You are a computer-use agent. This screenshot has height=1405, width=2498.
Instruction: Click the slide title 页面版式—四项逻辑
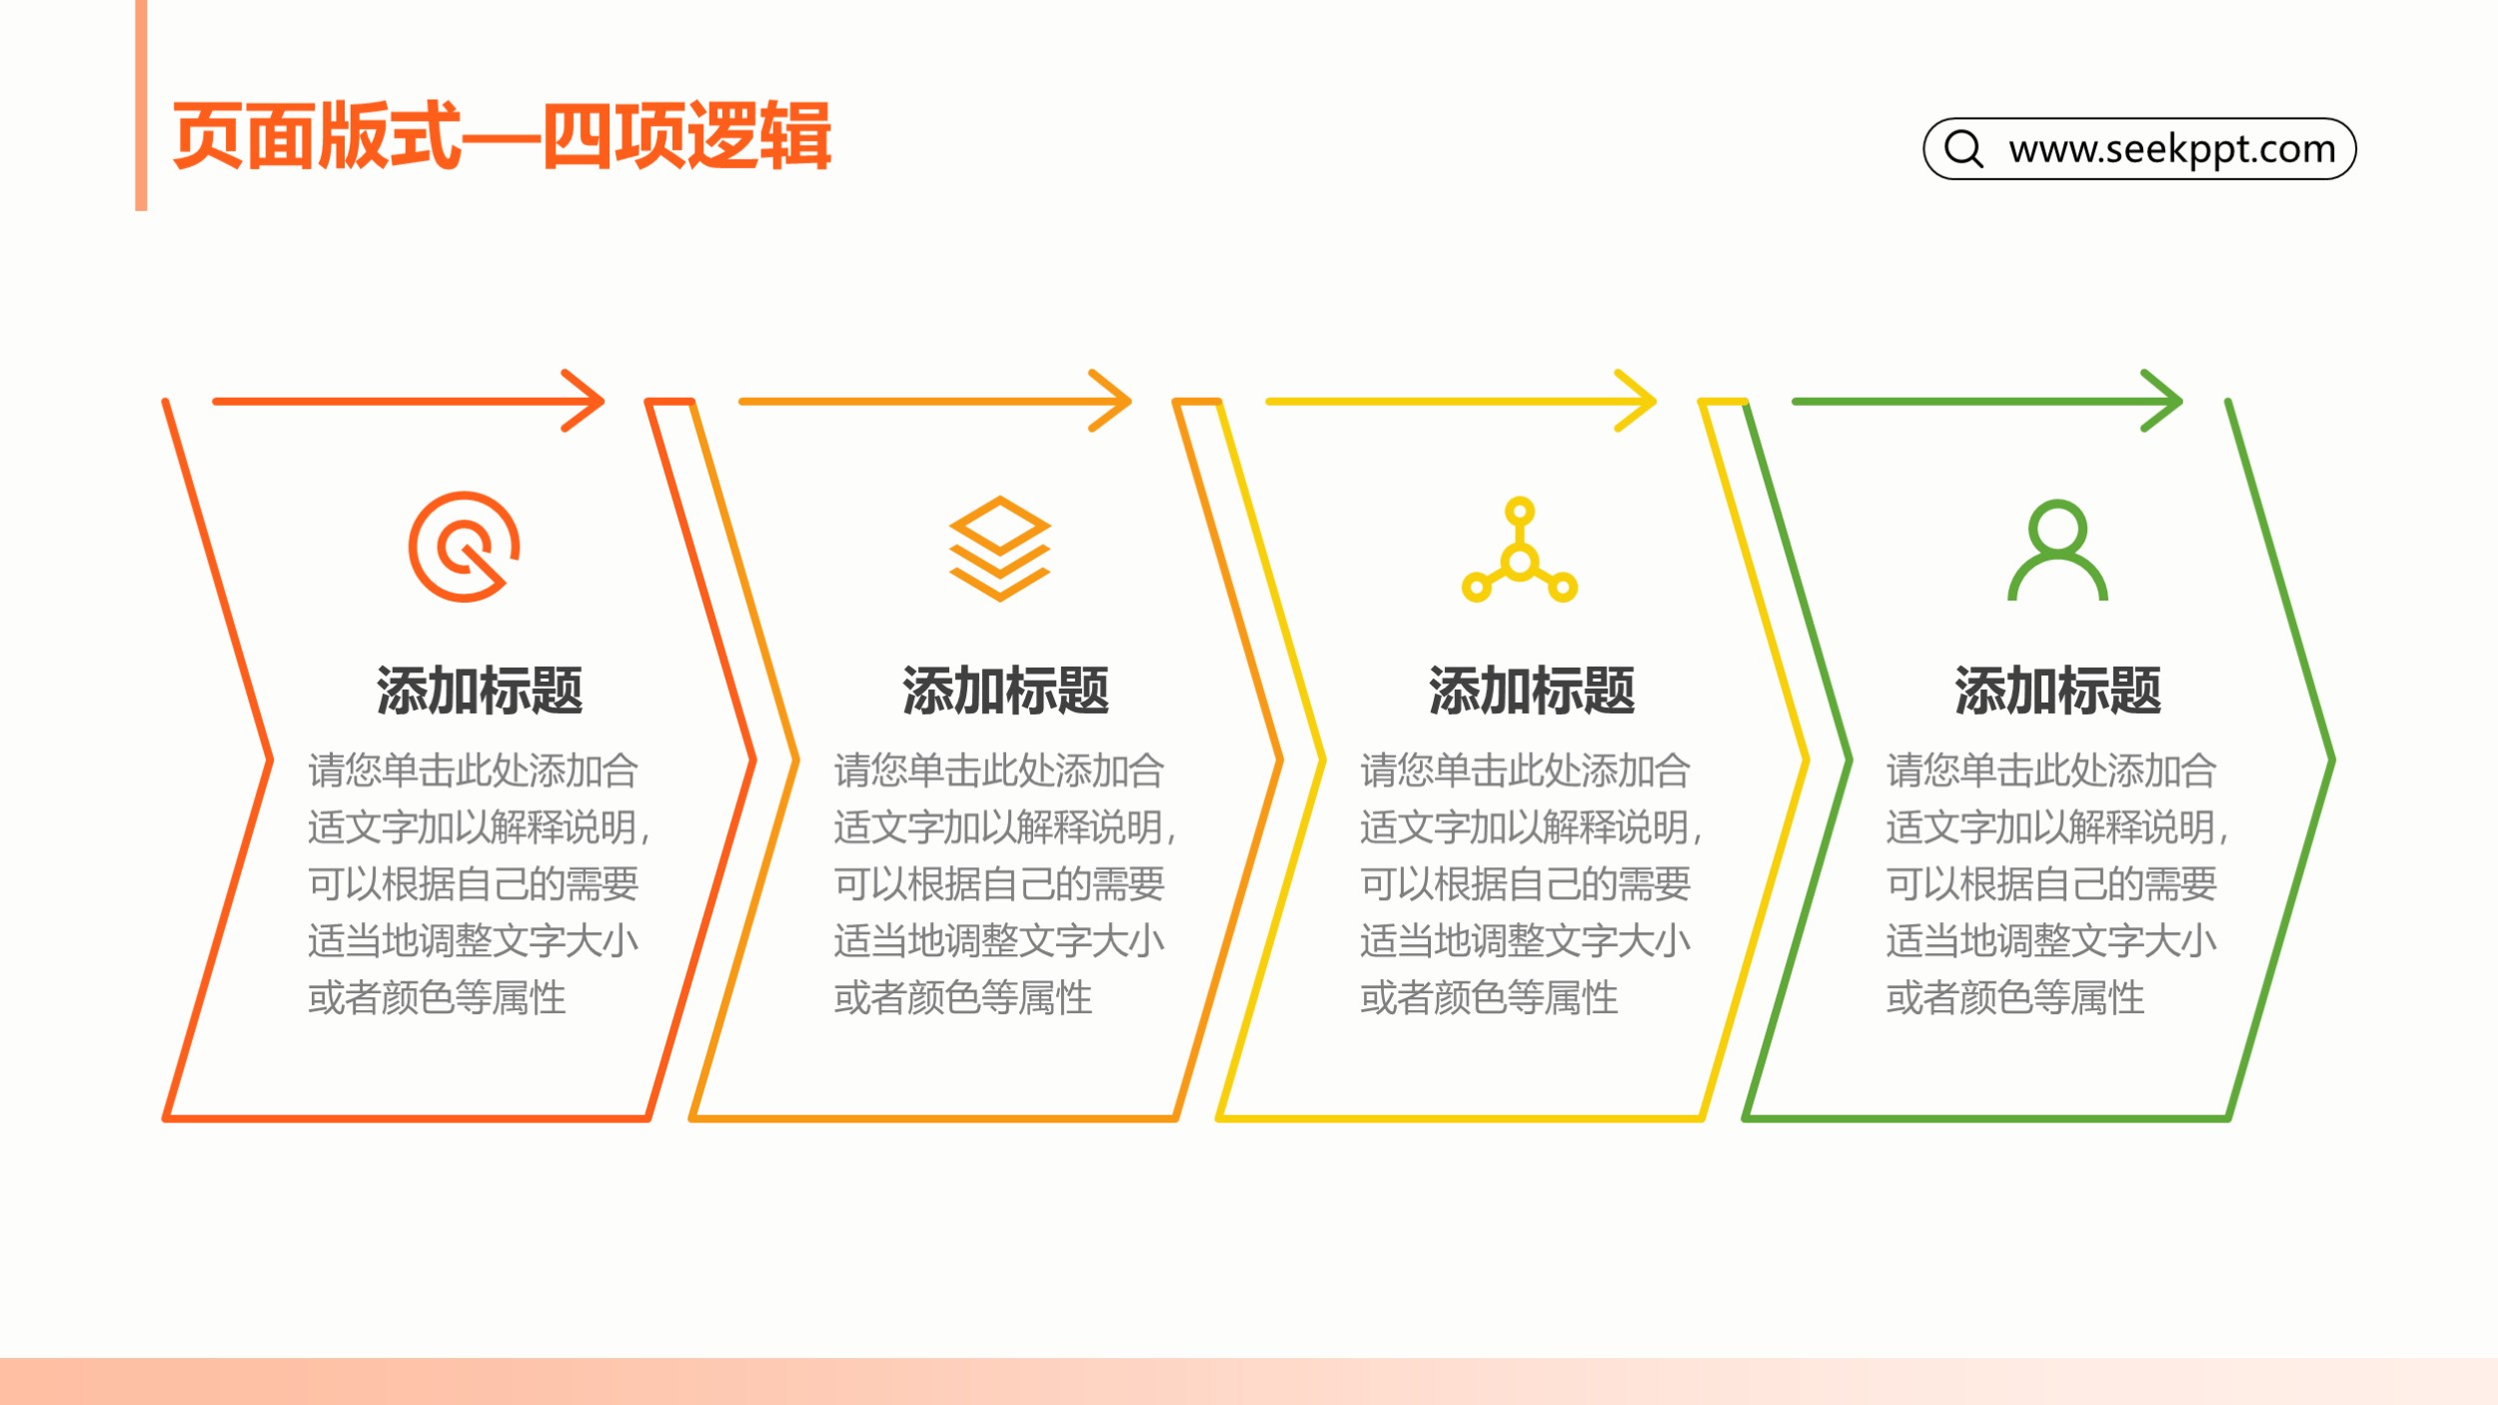(502, 136)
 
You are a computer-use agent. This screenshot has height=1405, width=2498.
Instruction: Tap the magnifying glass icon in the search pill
(1963, 148)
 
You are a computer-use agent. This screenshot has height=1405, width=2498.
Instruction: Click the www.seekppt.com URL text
(2172, 149)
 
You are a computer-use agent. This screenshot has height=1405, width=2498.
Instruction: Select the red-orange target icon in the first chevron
(464, 547)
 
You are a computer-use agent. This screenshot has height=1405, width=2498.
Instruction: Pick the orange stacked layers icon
(999, 549)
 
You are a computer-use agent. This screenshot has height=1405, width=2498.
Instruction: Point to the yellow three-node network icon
(1520, 550)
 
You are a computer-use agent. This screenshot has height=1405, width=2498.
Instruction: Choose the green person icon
(2057, 550)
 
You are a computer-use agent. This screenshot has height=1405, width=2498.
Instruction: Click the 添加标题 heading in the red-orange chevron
(480, 691)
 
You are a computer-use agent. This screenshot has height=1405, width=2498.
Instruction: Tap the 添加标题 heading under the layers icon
(1005, 691)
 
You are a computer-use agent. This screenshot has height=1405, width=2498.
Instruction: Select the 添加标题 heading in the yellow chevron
(1532, 691)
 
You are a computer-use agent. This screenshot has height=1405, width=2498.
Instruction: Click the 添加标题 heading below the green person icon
(2057, 691)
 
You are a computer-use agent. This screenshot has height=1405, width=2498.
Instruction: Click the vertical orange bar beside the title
(141, 105)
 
